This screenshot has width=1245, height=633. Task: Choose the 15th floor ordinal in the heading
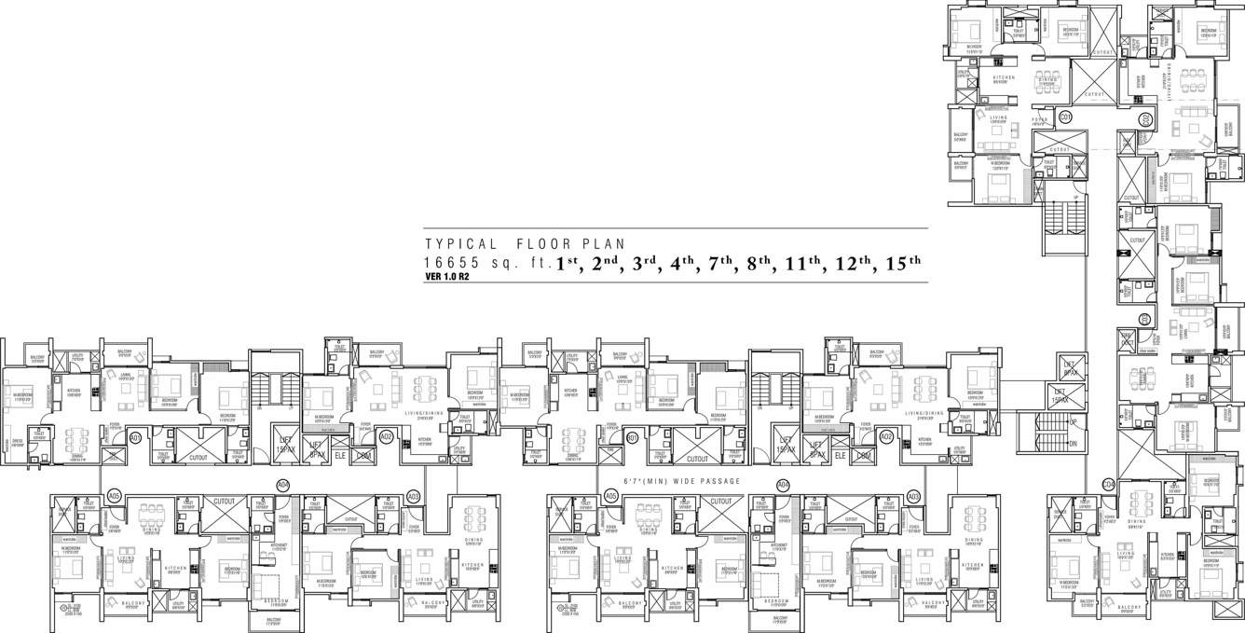point(899,263)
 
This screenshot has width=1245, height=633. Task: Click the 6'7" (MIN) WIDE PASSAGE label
point(683,481)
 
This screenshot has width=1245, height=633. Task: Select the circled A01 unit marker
point(135,436)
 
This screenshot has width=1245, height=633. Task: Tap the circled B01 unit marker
point(633,436)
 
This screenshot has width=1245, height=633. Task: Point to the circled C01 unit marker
point(1065,116)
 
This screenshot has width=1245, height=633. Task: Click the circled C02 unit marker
point(1144,119)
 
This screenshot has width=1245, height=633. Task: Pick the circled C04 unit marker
point(1108,484)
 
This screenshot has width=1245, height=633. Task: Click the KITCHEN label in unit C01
point(1003,78)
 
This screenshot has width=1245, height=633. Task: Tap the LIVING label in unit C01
point(998,118)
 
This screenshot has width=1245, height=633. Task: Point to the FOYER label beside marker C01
point(1041,120)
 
